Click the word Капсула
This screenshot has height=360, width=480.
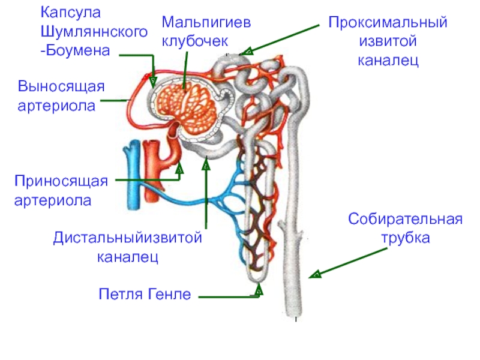click(71, 13)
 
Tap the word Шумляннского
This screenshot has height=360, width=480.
click(94, 32)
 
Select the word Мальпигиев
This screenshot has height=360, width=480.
click(206, 23)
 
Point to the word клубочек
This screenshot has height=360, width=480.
click(194, 41)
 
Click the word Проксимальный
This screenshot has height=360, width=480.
click(388, 23)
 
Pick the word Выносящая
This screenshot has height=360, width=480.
click(61, 87)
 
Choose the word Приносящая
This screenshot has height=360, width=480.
click(61, 182)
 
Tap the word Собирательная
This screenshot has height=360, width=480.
click(405, 219)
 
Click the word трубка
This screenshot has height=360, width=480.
click(406, 238)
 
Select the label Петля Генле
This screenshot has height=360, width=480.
click(145, 294)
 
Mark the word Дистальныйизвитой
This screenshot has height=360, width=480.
click(128, 238)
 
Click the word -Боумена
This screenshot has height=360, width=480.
click(75, 51)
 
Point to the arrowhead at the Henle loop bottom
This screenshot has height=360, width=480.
click(259, 289)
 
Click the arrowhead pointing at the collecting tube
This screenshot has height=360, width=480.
click(316, 274)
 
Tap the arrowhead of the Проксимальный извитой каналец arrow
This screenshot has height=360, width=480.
click(247, 51)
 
